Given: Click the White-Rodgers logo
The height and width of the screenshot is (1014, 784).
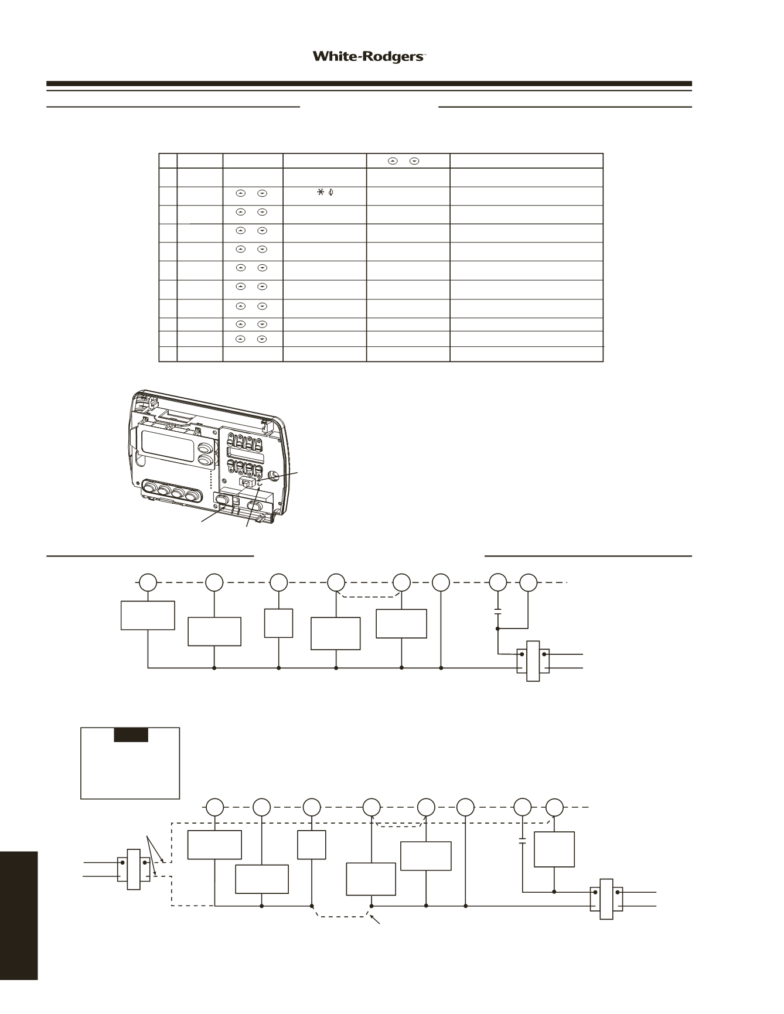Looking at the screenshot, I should [369, 57].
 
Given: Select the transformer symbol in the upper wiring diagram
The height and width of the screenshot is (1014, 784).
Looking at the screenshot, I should [533, 661].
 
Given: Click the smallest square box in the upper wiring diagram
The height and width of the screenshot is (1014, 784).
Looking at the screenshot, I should [278, 623].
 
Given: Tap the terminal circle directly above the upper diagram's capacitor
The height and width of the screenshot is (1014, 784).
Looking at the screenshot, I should [498, 582].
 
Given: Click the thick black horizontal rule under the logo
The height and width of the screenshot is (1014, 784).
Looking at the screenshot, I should [369, 84].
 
